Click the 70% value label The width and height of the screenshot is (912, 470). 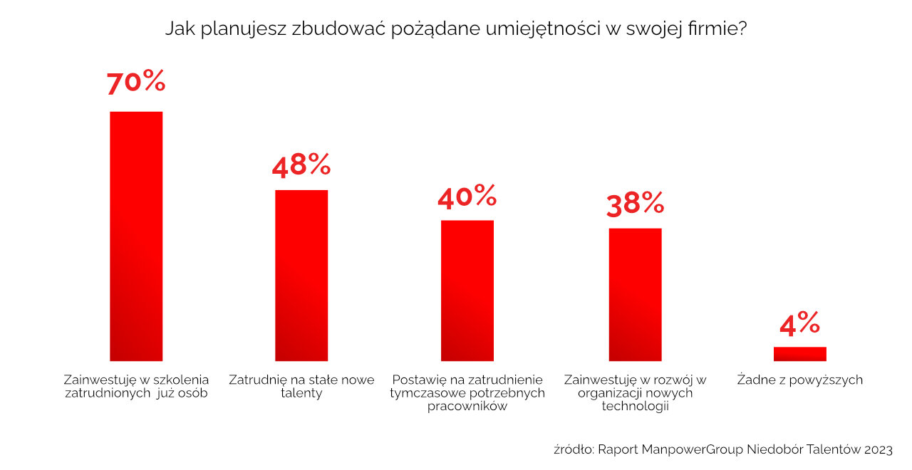[136, 83]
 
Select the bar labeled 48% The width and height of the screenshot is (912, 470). [301, 275]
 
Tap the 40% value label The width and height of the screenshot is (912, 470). [467, 196]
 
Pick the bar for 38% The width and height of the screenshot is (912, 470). [635, 294]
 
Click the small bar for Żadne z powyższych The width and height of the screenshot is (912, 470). [799, 354]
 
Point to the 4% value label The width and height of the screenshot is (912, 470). [799, 324]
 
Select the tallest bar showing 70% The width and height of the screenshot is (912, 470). [136, 236]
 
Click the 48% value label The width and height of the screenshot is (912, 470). [301, 165]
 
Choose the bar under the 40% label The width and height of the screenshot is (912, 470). [467, 291]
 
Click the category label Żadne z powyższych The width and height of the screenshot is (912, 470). [799, 380]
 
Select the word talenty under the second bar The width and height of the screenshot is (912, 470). [301, 393]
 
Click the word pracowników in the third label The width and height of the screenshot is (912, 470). [467, 406]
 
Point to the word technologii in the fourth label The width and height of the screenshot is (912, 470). [635, 406]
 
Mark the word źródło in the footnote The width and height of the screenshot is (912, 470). [573, 449]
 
